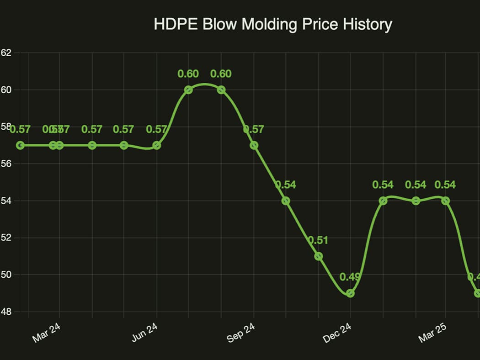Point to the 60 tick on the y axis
coord(5,90)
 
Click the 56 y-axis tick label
coord(5,164)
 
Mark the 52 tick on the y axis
coord(5,238)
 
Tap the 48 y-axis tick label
coord(5,312)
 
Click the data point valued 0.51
coord(319,256)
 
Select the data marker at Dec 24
coord(350,293)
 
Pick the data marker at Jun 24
coord(157,145)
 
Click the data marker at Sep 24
coord(254,145)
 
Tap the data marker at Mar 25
coord(446,201)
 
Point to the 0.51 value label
coord(318,240)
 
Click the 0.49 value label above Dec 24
coord(350,277)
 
